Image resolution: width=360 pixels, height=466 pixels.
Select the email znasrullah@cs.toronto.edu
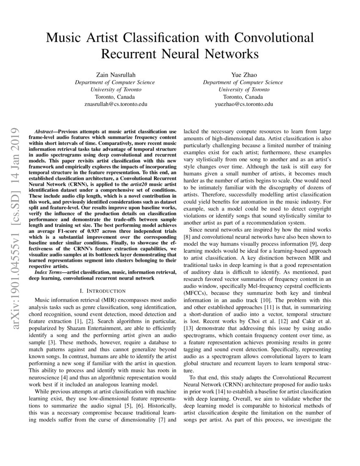point(115,104)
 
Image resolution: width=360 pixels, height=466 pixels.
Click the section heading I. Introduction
point(102,291)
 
